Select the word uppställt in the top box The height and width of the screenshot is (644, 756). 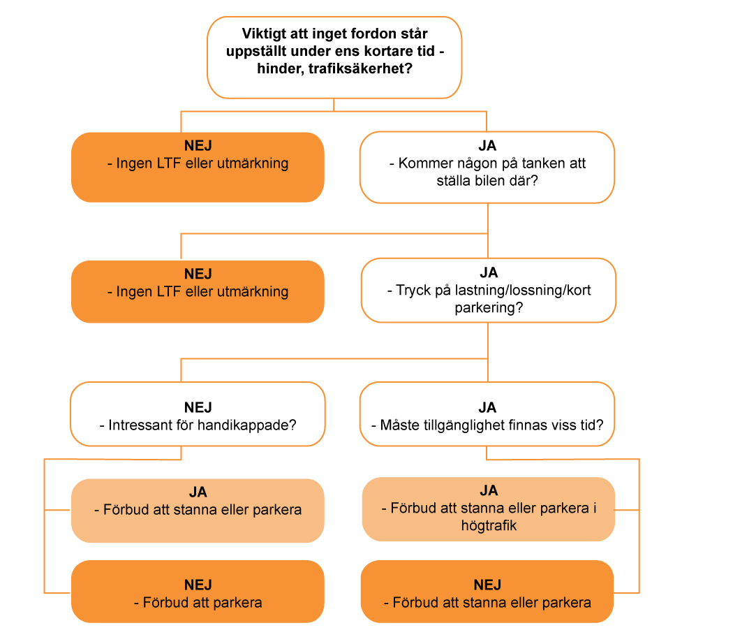point(255,52)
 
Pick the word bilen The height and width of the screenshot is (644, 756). point(487,180)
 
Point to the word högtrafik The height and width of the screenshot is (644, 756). point(489,525)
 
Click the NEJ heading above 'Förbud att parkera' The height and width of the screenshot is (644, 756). point(198,585)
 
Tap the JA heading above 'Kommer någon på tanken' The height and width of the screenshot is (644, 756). point(487,146)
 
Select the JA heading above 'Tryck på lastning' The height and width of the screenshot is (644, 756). point(489,272)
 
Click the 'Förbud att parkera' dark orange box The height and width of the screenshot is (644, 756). point(198,592)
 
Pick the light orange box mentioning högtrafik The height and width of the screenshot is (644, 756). point(489,509)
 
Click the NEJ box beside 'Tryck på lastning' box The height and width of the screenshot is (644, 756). point(198,292)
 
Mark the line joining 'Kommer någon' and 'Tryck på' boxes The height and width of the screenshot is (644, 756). point(488,230)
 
